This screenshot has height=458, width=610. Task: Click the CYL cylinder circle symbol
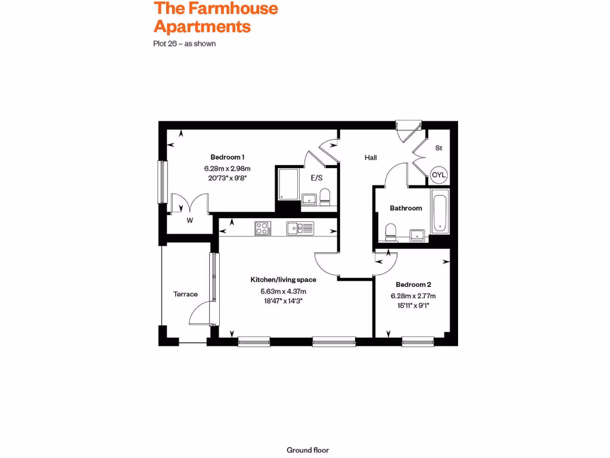[439, 175]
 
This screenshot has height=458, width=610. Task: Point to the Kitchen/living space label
[283, 279]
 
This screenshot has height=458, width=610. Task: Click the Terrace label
[185, 294]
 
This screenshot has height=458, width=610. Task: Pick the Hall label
[371, 157]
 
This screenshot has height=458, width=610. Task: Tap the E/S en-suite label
[316, 177]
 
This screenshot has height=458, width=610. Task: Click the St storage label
[438, 147]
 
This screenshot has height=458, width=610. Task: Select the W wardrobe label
[190, 221]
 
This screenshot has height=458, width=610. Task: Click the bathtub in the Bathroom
[440, 212]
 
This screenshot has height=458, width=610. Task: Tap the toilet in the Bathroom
[391, 231]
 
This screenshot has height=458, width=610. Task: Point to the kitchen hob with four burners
[263, 228]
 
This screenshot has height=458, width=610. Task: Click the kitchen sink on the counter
[300, 228]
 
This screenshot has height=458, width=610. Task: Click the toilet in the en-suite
[325, 197]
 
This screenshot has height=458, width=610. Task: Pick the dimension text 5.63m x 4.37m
[283, 291]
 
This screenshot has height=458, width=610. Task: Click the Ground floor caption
[307, 450]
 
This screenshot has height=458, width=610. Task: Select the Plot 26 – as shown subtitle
[184, 44]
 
